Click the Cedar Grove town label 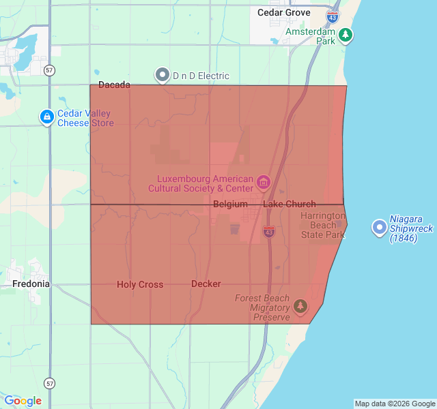click(x=283, y=12)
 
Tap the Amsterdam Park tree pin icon click(x=346, y=34)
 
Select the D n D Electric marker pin click(x=163, y=75)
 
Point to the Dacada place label click(x=114, y=85)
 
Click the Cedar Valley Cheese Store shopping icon click(x=46, y=117)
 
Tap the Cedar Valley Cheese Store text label click(x=85, y=119)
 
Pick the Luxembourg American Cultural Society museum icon click(x=264, y=183)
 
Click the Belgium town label click(x=230, y=204)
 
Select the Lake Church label click(x=290, y=204)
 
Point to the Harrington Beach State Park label click(x=323, y=225)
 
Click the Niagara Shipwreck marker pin click(x=379, y=228)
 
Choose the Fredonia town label click(x=31, y=283)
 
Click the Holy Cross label click(x=140, y=284)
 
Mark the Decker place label click(x=206, y=284)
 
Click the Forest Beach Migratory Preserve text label click(x=262, y=308)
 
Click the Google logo click(x=23, y=401)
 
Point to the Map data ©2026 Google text click(x=394, y=404)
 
